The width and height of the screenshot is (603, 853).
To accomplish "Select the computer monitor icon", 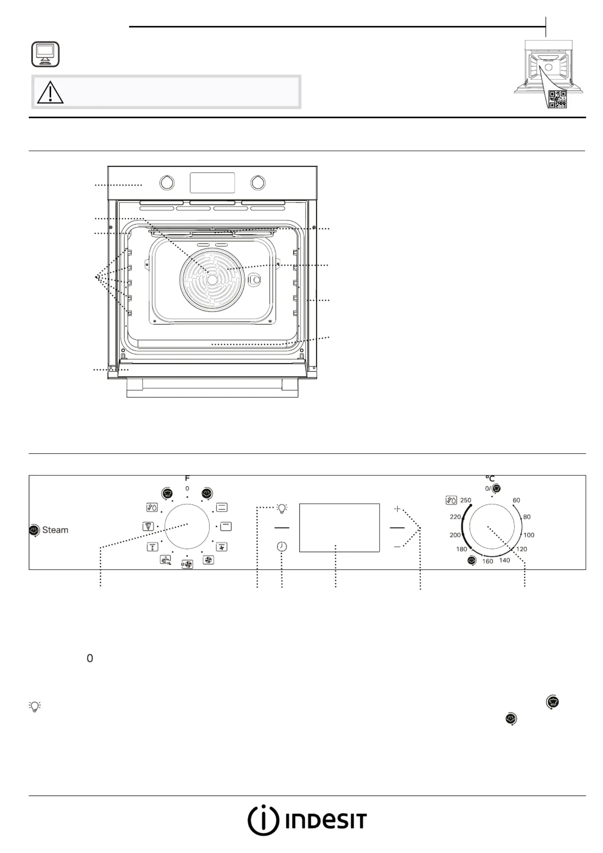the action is click(x=45, y=54).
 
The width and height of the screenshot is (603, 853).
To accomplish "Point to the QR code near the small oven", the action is click(x=558, y=100).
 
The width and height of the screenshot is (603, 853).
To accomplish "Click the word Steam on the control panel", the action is click(x=55, y=530).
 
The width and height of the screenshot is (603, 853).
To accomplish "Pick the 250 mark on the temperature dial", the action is click(x=465, y=500).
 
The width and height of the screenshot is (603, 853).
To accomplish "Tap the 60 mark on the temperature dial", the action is click(x=516, y=500).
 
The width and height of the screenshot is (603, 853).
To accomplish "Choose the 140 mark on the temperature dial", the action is click(x=505, y=560).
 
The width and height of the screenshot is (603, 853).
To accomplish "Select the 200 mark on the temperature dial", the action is click(x=455, y=535).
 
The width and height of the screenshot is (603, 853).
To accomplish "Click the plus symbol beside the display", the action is click(x=397, y=509).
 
